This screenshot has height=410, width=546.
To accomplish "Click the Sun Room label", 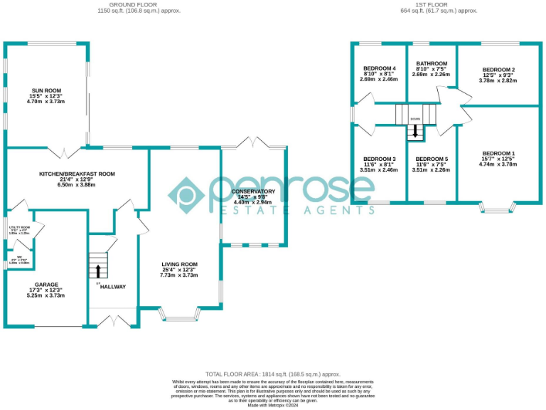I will pyautogui.click(x=45, y=92).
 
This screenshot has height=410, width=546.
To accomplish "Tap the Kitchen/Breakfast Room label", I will pyautogui.click(x=76, y=174).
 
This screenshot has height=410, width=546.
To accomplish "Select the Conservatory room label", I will pyautogui.click(x=253, y=192).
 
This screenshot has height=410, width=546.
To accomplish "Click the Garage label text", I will pyautogui.click(x=45, y=285).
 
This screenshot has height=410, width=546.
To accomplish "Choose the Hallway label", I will pyautogui.click(x=112, y=287).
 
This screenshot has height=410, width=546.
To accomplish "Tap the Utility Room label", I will pyautogui.click(x=18, y=228).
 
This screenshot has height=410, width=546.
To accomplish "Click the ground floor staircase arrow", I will pyautogui.click(x=97, y=270).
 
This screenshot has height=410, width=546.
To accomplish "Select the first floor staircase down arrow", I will pyautogui.click(x=415, y=132).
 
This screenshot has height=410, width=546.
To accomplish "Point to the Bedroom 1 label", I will pyautogui.click(x=498, y=154).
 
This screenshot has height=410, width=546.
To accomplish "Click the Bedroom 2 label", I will pyautogui.click(x=498, y=70).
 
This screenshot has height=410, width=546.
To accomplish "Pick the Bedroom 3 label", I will pyautogui.click(x=379, y=159).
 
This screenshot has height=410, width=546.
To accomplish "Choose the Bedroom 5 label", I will pyautogui.click(x=432, y=159).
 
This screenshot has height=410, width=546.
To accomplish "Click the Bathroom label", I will pyautogui.click(x=432, y=63).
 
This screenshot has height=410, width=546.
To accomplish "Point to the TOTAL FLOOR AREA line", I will pyautogui.click(x=272, y=374).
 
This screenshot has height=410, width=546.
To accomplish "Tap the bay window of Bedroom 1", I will pyautogui.click(x=498, y=208).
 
